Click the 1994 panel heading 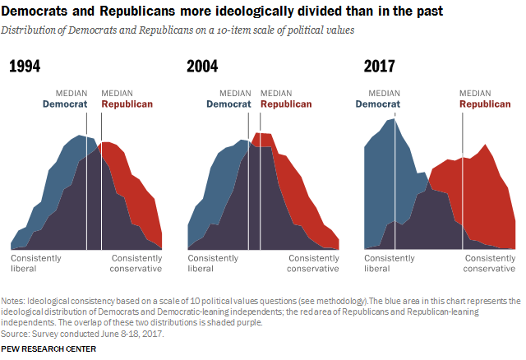[25, 66]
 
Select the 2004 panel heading [202, 66]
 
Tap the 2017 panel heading [380, 66]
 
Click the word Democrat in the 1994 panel [65, 104]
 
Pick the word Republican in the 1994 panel [127, 104]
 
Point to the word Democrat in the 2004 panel [228, 104]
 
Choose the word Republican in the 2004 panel [286, 104]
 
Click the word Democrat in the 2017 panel [378, 104]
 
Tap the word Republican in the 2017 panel [485, 104]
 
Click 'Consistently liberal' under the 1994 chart [36, 263]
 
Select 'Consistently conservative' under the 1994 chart [136, 263]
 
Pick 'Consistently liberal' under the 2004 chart [213, 263]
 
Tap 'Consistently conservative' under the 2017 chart [490, 263]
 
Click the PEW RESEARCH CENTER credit [48, 349]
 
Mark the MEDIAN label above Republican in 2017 [475, 93]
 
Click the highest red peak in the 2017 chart [484, 145]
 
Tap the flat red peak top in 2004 [264, 133]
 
